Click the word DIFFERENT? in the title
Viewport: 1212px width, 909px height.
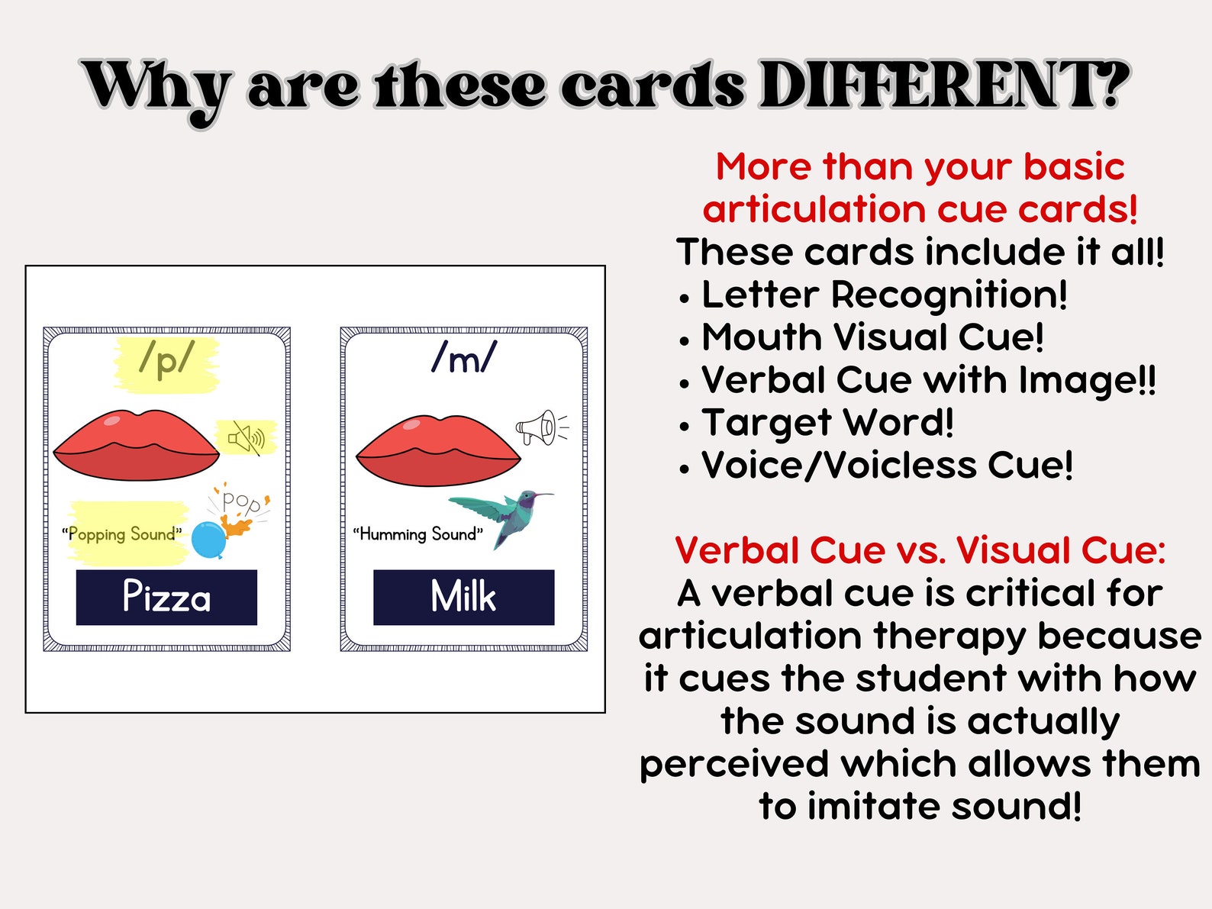(x=944, y=85)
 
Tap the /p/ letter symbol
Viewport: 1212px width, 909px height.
(x=166, y=358)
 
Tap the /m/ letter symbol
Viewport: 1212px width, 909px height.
(x=464, y=356)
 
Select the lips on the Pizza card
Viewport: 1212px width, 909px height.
(x=137, y=446)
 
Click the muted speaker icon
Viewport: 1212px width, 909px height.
(x=246, y=438)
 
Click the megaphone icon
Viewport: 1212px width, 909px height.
(x=540, y=427)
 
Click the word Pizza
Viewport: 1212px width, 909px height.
(x=166, y=597)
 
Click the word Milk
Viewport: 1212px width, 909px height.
(x=463, y=597)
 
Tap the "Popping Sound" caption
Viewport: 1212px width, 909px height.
(x=122, y=534)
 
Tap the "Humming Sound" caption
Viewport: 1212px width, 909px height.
(x=417, y=534)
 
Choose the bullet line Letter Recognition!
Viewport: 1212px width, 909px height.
(x=883, y=295)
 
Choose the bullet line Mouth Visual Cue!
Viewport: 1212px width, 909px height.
(x=872, y=337)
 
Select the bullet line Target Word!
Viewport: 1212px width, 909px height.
(x=827, y=423)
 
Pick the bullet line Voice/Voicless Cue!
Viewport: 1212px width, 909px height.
(x=887, y=466)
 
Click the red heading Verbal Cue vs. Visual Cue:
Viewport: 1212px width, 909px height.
(x=920, y=550)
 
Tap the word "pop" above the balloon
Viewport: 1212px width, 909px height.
(x=241, y=501)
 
